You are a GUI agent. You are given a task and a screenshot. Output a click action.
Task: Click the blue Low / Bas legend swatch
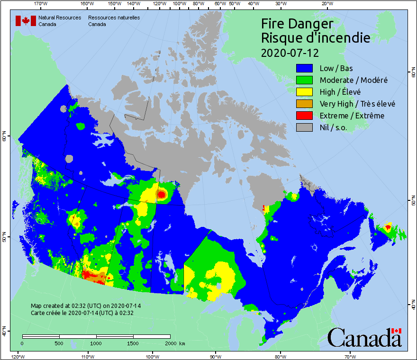305,68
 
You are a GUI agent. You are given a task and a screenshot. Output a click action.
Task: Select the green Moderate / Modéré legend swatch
305,80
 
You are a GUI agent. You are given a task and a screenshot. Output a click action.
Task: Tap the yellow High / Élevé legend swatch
305,92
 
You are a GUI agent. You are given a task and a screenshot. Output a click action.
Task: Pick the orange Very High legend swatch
305,104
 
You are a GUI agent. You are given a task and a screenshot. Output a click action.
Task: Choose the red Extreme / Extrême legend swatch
305,116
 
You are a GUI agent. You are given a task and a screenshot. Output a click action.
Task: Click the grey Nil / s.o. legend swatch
305,127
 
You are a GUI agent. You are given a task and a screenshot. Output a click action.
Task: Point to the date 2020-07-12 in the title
290,52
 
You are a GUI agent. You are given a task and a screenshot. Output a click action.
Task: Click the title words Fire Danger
297,24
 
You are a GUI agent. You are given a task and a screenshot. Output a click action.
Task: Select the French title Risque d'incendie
316,38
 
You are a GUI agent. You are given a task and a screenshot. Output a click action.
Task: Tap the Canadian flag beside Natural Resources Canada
26,21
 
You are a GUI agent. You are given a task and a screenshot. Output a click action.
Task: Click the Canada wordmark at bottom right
364,337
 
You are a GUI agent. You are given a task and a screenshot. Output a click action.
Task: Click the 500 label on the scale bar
59,343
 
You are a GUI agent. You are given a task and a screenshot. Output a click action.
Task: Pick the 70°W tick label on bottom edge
350,356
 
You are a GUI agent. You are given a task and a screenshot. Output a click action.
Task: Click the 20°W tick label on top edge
326,4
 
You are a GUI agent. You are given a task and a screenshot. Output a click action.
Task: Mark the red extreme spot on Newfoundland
388,227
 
